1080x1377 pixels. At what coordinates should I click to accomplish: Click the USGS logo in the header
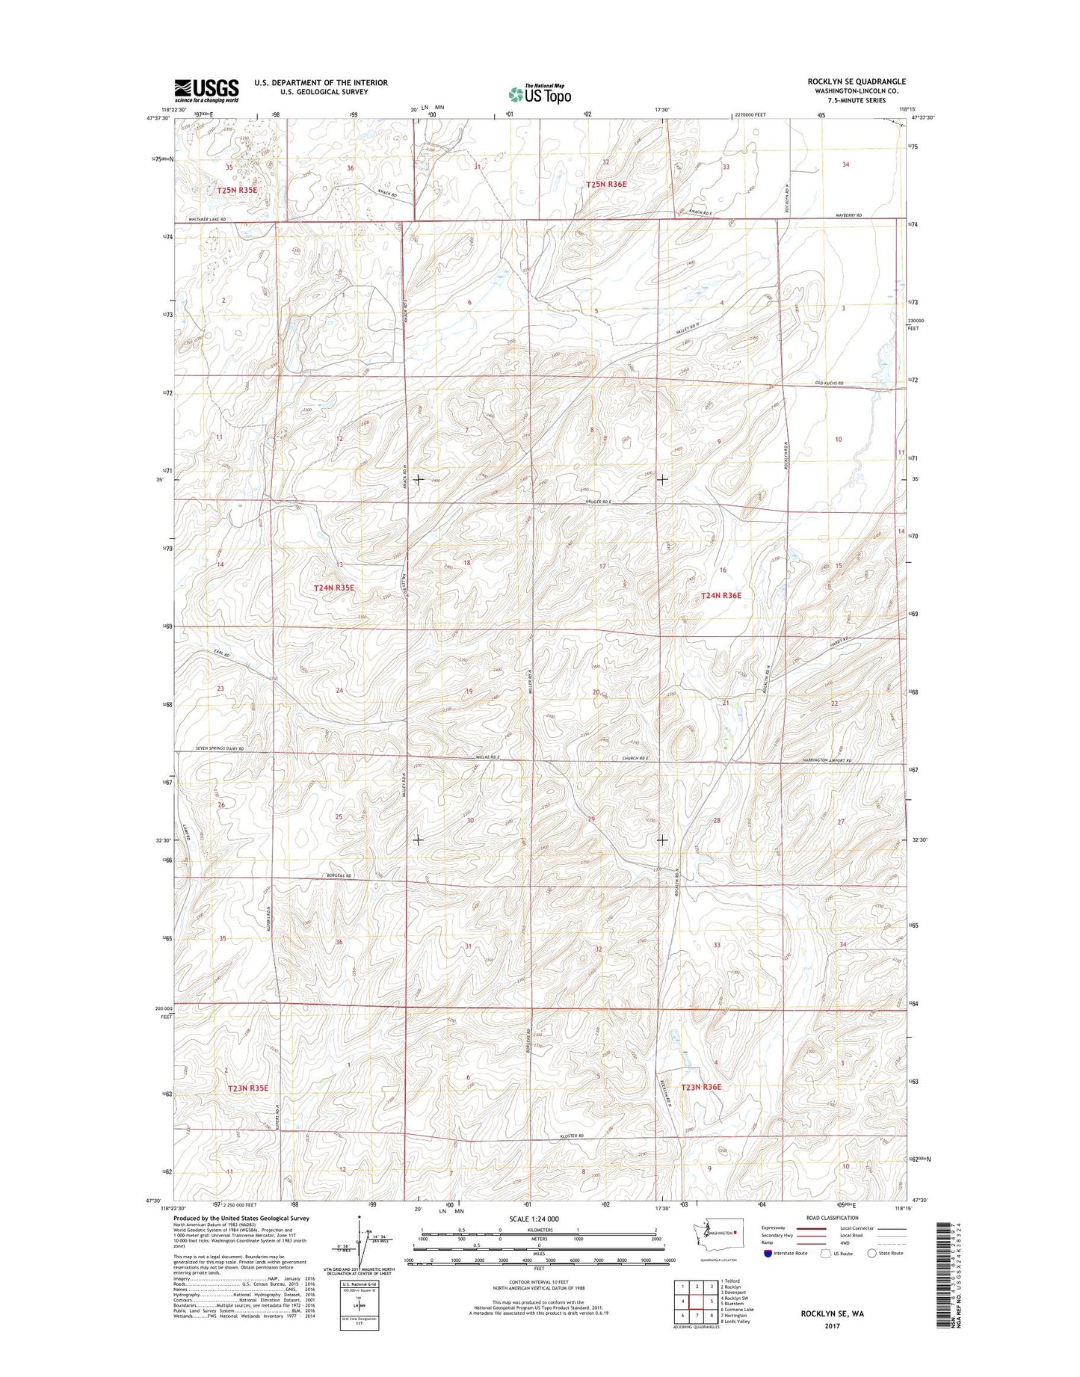coord(206,90)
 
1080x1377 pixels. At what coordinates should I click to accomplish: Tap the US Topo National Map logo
coord(540,93)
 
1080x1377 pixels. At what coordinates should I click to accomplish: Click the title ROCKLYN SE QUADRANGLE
coord(856,81)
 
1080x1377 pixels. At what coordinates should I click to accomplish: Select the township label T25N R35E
coord(237,190)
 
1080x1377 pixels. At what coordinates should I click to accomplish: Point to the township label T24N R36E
coord(720,595)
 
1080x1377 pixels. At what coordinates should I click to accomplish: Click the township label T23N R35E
coord(247,1088)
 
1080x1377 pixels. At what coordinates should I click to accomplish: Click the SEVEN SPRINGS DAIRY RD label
coord(209,748)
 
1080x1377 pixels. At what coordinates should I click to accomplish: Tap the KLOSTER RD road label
coord(570,1136)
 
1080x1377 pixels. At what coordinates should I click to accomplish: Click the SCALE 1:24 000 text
coord(534,1219)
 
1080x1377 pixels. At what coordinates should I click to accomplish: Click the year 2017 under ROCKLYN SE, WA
coord(832,1325)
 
